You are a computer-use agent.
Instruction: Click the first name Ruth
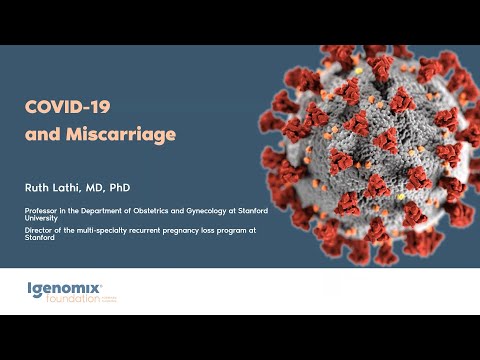(39, 186)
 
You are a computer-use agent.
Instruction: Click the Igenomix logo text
(66, 288)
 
